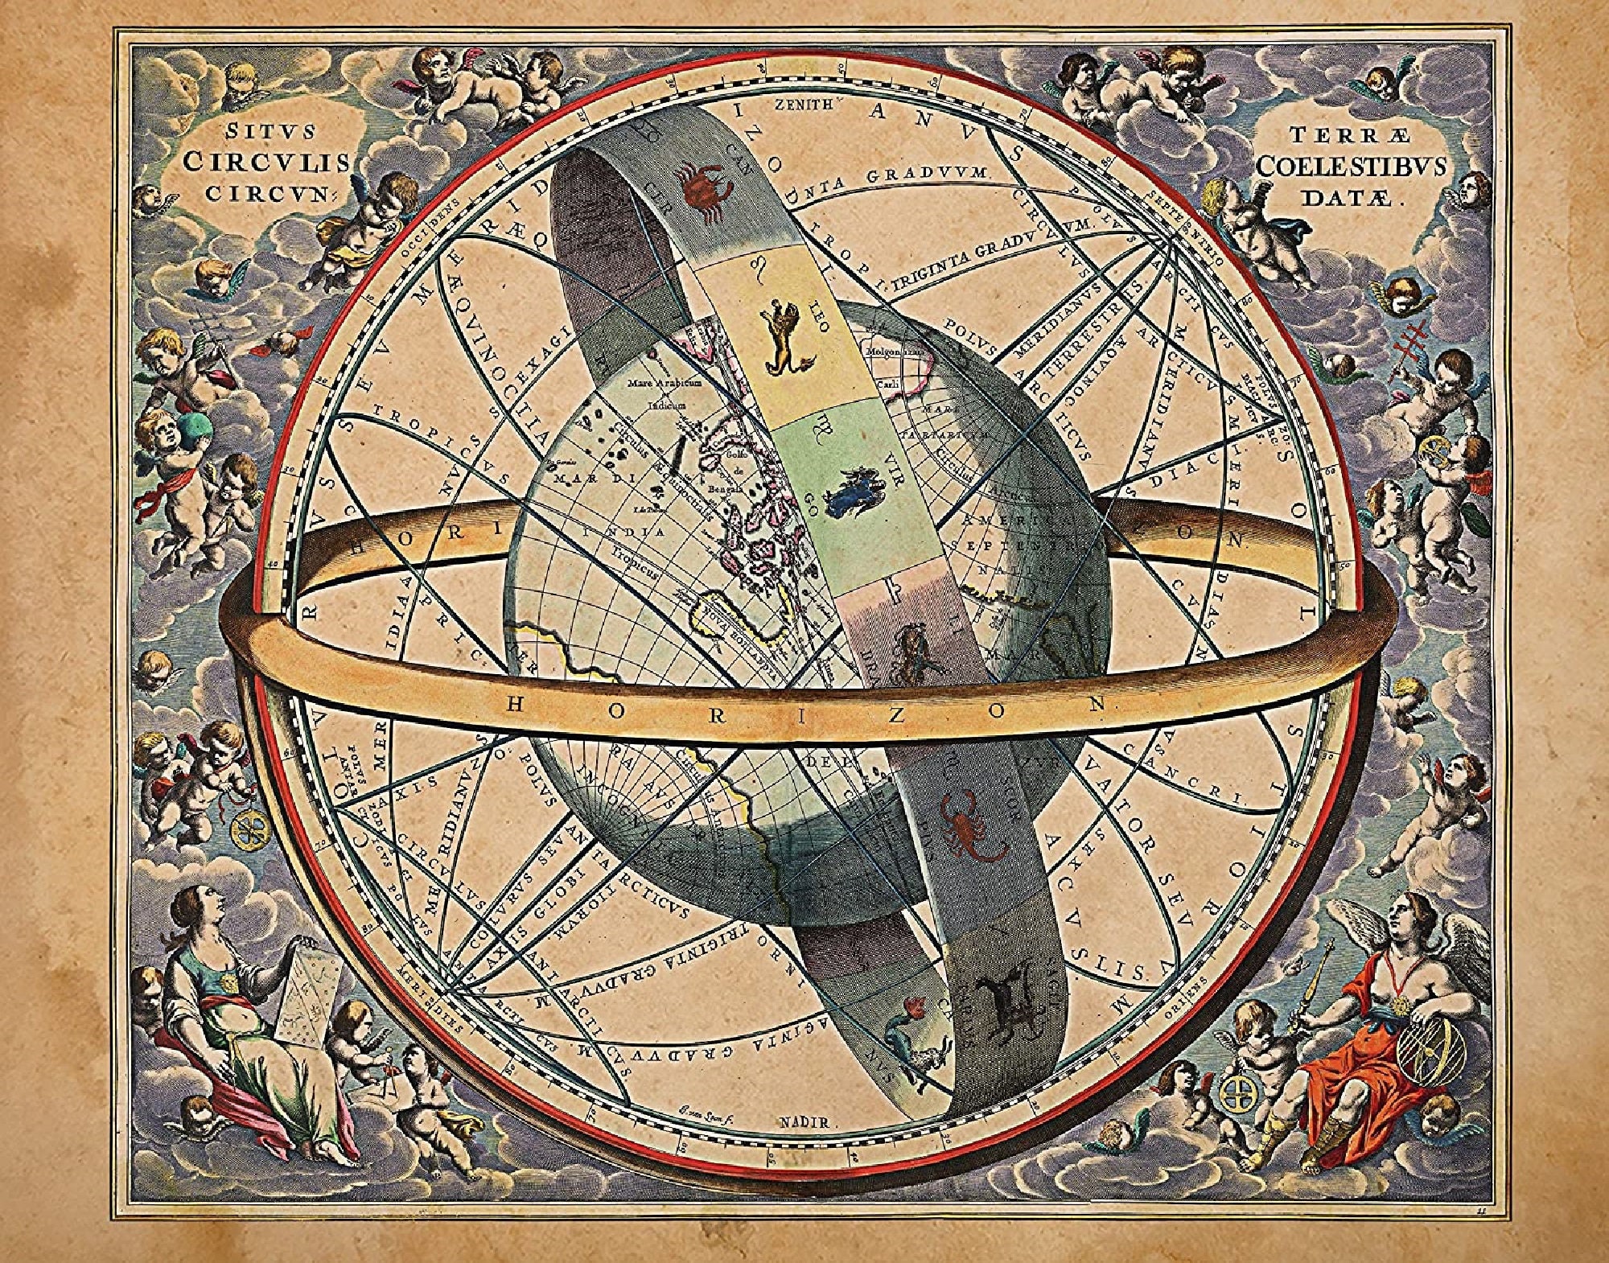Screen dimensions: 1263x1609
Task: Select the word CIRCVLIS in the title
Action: [266, 162]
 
